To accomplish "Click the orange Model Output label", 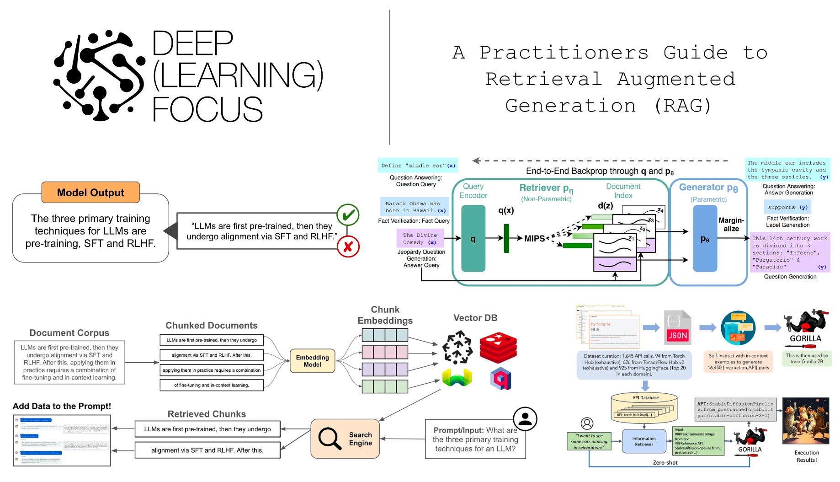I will [x=90, y=193].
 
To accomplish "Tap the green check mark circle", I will [x=348, y=215].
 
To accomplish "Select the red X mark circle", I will [x=348, y=247].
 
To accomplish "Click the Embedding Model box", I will [x=312, y=361].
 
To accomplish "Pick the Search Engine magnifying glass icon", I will [x=330, y=439].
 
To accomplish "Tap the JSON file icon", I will [x=677, y=327].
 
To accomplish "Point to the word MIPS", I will [x=534, y=238].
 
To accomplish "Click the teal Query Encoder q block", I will [x=473, y=238].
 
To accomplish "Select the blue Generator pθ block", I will [x=705, y=238].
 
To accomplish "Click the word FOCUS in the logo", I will [x=207, y=109].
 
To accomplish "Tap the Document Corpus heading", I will [x=69, y=333].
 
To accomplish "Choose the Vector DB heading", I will [x=475, y=318].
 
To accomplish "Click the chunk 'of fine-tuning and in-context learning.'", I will [x=212, y=385].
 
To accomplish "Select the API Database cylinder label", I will [x=645, y=397].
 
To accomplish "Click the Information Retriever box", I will [x=643, y=441].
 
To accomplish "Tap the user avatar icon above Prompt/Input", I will [x=525, y=418].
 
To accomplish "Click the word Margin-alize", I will [x=731, y=225].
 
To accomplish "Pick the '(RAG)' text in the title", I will [x=683, y=106].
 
